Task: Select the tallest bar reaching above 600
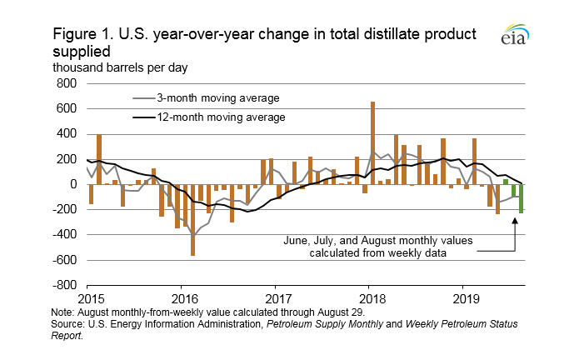(x=372, y=142)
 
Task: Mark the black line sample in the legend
(x=147, y=117)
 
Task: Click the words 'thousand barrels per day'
(x=122, y=66)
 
